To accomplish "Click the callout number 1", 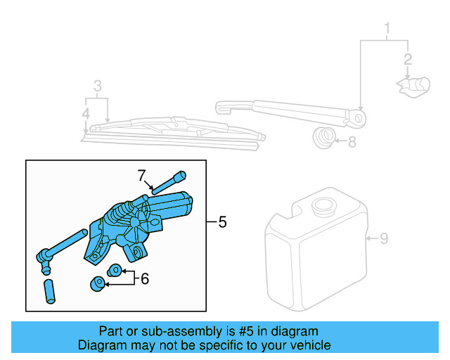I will coord(386,29).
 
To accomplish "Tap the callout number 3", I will coord(98,86).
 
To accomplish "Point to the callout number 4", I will coord(85,112).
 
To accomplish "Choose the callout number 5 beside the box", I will coord(222,223).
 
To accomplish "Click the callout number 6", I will coord(145,278).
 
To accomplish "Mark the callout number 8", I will coord(352,142).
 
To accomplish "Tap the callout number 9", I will coord(384,239).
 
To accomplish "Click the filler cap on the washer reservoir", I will coord(324,207).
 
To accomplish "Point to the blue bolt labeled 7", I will coord(168,183).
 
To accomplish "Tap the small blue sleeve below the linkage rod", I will coord(50,291).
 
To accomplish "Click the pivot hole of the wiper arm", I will coord(361,119).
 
